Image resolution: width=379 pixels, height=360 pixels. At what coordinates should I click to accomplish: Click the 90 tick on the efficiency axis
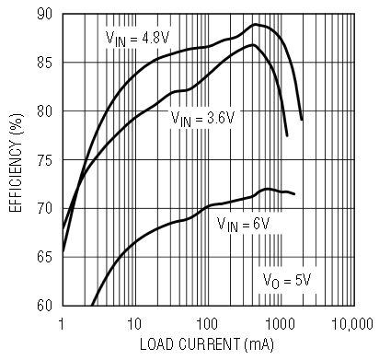(45, 14)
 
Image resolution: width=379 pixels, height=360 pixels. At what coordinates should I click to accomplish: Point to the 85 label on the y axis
(45, 63)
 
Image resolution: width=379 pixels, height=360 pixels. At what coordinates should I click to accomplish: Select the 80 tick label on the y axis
(45, 111)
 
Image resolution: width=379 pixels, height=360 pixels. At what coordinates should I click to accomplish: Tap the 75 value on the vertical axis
(45, 160)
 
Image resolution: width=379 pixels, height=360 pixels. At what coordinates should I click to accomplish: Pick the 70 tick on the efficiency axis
(45, 208)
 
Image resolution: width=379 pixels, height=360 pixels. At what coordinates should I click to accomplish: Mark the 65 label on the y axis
(45, 257)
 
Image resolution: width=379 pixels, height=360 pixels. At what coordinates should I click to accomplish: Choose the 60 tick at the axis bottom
(45, 305)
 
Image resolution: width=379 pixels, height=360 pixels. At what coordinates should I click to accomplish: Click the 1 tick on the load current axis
(63, 324)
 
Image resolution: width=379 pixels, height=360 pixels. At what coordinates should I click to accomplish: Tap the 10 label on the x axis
(134, 324)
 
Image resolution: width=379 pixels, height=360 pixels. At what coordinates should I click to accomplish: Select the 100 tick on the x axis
(207, 324)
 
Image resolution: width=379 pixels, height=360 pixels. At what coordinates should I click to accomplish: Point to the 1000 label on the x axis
(280, 324)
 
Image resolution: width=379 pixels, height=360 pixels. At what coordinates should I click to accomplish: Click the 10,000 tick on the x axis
(352, 324)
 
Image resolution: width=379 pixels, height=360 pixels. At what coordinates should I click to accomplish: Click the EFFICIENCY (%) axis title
(16, 163)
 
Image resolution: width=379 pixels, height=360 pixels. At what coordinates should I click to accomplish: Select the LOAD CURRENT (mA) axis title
(207, 344)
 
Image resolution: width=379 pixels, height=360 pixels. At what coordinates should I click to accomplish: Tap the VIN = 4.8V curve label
(137, 39)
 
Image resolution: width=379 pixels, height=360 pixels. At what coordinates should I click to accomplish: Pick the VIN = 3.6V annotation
(202, 118)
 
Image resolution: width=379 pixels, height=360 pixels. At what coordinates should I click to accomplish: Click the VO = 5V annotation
(287, 281)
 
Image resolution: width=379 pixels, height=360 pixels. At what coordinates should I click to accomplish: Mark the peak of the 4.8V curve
(255, 24)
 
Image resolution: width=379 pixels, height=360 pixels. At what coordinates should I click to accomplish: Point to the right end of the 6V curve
(294, 194)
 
